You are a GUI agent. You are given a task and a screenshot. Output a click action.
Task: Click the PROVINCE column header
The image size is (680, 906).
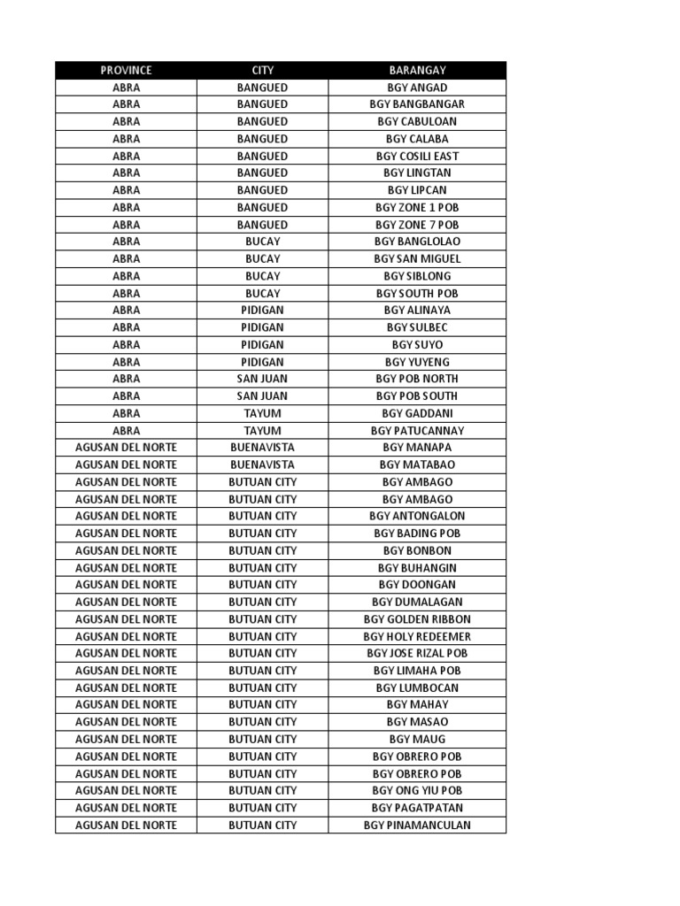point(126,70)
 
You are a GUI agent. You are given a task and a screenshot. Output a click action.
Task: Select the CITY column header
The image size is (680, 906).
point(262,70)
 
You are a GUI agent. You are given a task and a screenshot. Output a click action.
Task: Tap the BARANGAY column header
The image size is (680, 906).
point(417,70)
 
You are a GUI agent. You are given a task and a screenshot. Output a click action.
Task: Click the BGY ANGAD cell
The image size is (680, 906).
point(417,88)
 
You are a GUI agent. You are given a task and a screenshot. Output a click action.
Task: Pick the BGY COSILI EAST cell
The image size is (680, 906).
point(417,156)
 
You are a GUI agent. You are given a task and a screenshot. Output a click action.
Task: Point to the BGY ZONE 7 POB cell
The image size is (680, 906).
point(417,225)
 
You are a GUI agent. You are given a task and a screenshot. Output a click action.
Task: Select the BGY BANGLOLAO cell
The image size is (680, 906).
point(417,242)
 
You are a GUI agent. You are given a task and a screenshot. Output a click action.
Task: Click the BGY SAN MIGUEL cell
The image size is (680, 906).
point(417,258)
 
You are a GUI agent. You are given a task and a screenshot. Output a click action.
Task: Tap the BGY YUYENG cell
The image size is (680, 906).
point(417,362)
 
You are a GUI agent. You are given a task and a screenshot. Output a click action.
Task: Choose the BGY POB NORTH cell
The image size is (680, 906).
point(417,379)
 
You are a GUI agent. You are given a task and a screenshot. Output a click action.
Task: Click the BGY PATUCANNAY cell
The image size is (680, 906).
point(417,431)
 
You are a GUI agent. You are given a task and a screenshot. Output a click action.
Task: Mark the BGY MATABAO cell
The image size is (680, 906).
point(417,465)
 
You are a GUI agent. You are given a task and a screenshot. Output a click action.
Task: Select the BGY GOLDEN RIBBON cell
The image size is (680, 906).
point(417,619)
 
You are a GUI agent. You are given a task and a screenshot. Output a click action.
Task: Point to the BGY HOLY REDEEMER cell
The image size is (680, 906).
point(417,636)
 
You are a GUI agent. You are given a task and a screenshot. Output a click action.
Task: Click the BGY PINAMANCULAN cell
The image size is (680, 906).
point(417,825)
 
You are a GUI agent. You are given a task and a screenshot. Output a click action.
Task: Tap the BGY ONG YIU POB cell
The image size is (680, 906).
point(417,791)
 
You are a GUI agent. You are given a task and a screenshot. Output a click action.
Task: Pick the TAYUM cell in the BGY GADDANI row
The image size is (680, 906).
point(262,413)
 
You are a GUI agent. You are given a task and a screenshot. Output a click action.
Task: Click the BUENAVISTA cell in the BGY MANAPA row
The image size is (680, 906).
point(262,448)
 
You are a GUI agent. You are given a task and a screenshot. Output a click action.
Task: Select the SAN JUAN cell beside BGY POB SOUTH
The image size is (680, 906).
point(262,396)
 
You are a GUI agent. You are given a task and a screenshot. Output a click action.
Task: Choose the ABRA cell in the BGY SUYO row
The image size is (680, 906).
point(126,345)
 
